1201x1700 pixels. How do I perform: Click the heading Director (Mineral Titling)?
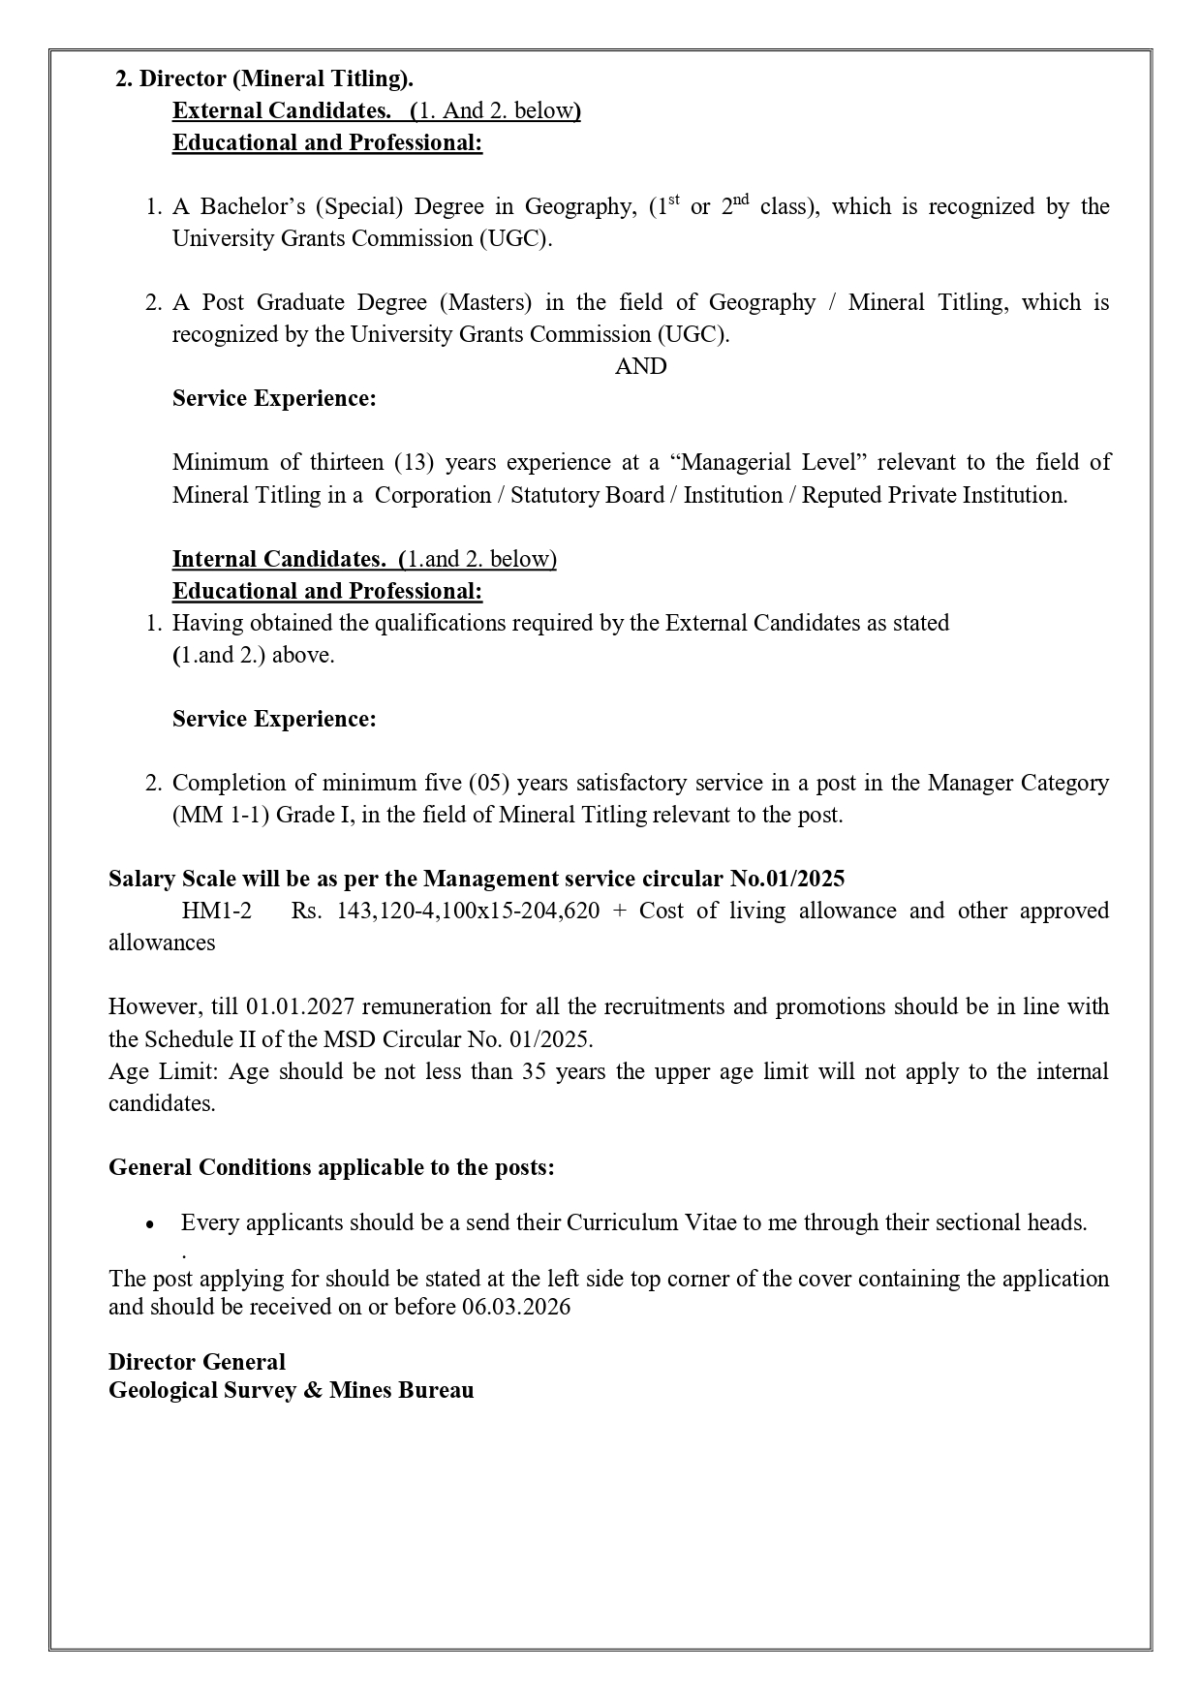click(x=264, y=78)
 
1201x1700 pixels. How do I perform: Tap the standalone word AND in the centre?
click(x=640, y=366)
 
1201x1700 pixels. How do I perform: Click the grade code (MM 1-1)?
click(x=221, y=815)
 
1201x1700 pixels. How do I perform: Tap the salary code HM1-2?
click(x=216, y=911)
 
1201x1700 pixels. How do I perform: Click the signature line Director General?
click(x=197, y=1362)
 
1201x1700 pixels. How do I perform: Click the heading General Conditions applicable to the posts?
click(x=331, y=1167)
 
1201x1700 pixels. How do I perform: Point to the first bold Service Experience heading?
click(x=274, y=398)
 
